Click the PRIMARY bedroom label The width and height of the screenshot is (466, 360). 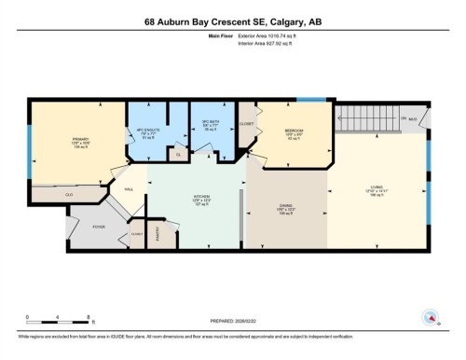78,142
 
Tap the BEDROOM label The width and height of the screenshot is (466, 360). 294,132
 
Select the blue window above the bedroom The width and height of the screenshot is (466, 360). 304,100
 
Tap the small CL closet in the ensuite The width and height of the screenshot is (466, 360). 178,154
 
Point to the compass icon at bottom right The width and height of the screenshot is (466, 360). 431,318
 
